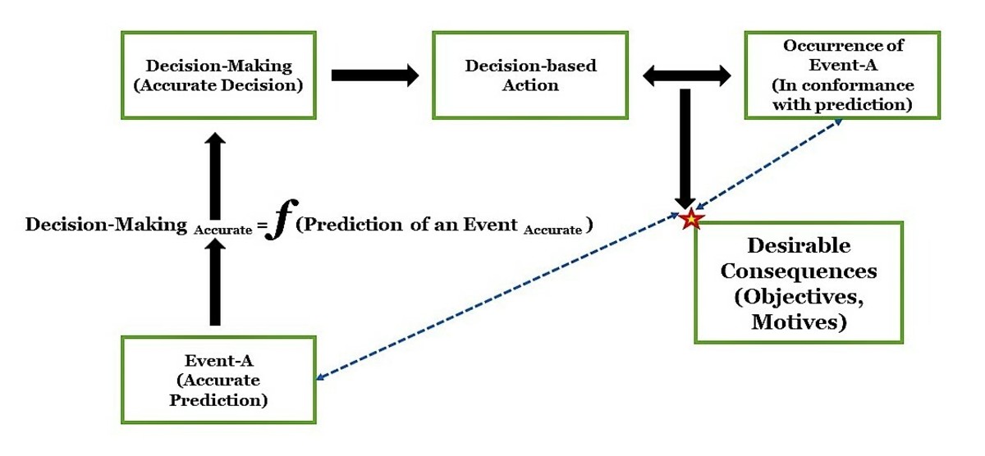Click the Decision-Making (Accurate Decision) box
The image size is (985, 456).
(x=218, y=75)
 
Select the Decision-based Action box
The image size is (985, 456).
(x=529, y=75)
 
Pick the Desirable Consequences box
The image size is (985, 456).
(x=799, y=282)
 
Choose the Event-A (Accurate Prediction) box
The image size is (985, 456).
(x=218, y=380)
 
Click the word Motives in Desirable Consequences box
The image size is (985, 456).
(x=799, y=322)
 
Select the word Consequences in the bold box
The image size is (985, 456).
(x=799, y=271)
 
